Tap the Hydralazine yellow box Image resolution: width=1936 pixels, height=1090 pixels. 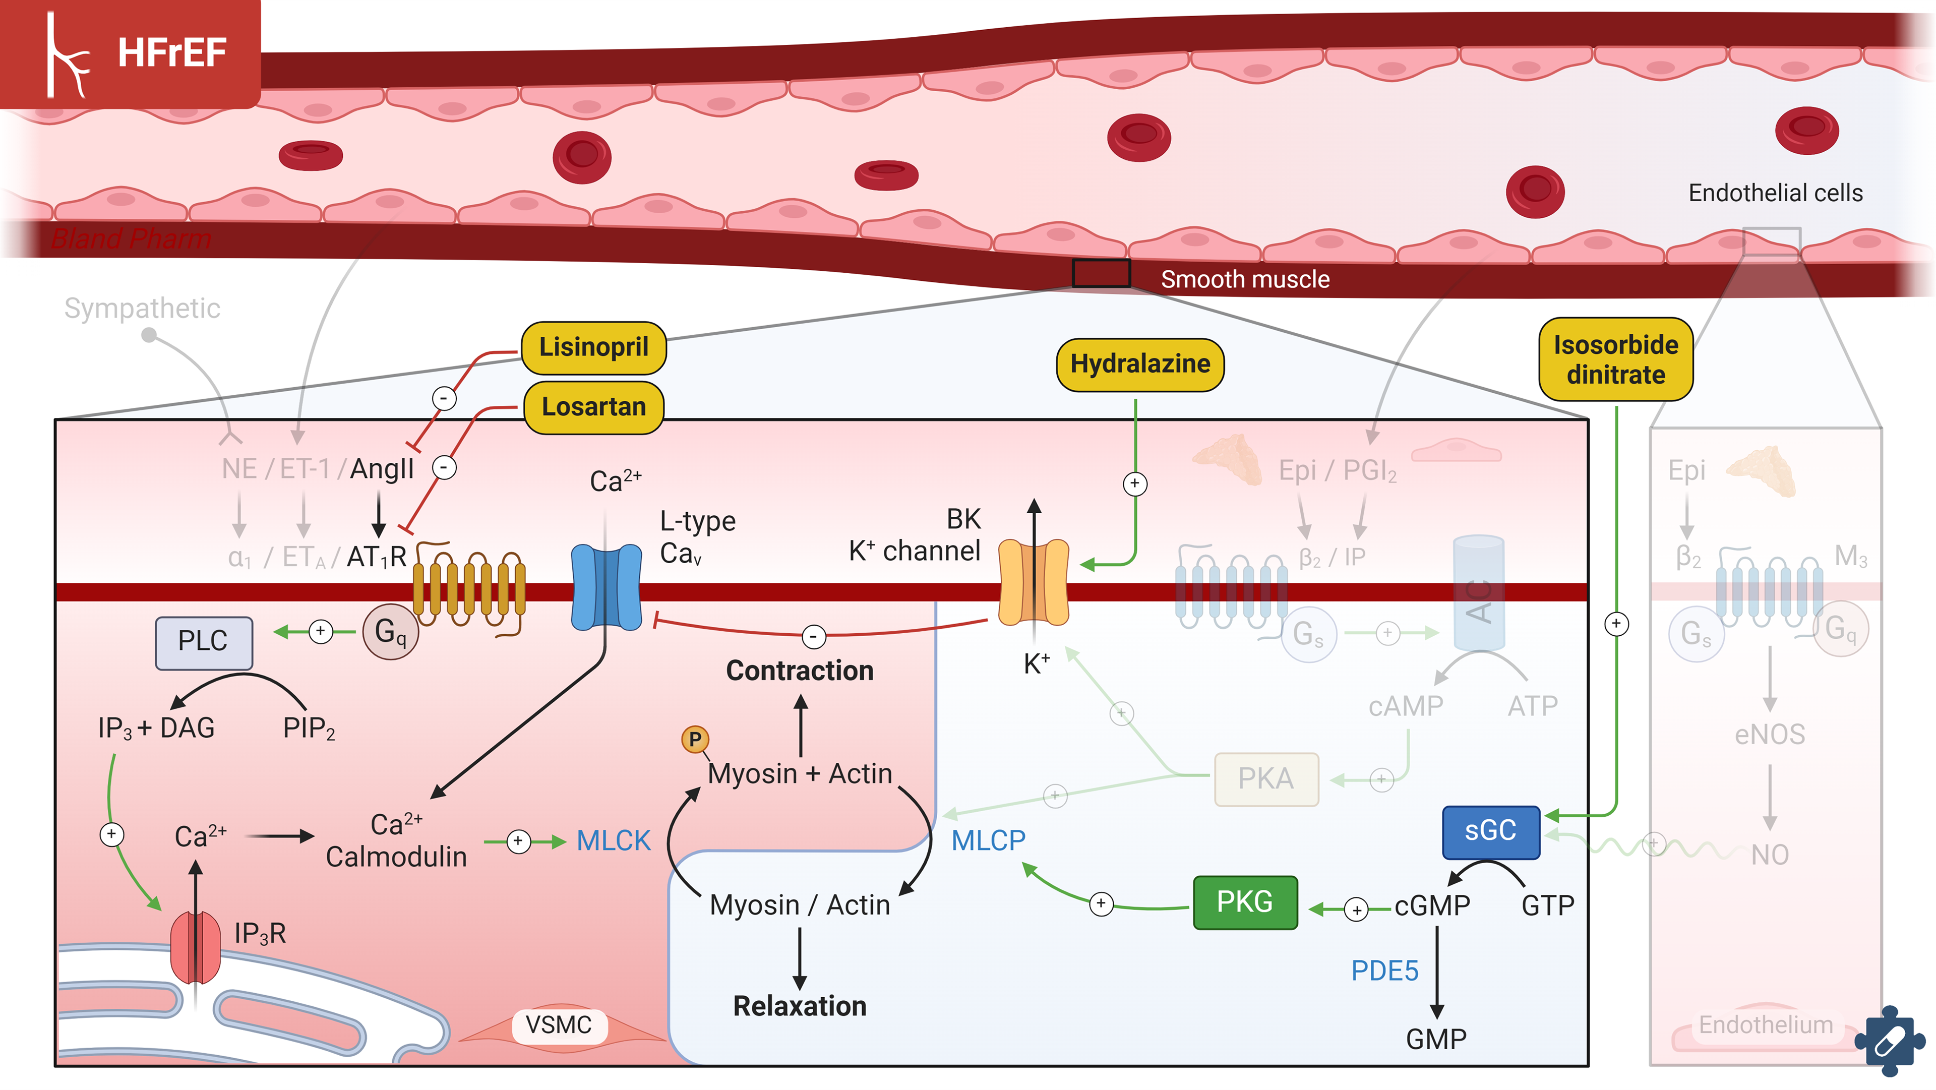tap(1139, 365)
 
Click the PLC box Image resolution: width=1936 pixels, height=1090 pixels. tap(203, 642)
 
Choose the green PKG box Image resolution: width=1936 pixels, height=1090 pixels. tap(1245, 902)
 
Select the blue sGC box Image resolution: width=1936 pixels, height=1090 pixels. tap(1490, 831)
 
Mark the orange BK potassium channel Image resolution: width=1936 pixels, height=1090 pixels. tap(1034, 583)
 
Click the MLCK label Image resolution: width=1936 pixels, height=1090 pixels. tap(613, 840)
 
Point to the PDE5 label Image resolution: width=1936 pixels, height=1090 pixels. tap(1384, 971)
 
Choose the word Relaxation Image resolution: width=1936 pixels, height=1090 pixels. tap(800, 1006)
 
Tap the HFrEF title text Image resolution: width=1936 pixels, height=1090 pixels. tap(171, 52)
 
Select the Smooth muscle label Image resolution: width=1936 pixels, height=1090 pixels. tap(1245, 280)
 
